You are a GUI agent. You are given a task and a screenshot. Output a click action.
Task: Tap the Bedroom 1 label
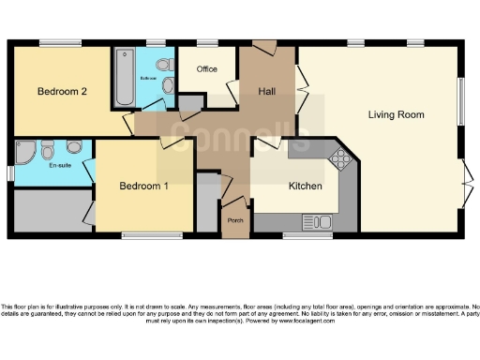tap(143, 187)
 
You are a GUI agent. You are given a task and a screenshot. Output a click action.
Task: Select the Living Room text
tap(395, 114)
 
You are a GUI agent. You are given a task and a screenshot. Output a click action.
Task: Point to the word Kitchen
tap(305, 187)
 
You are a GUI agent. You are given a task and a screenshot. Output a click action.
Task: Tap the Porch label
tap(235, 220)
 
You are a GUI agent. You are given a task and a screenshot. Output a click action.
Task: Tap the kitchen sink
tap(309, 221)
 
